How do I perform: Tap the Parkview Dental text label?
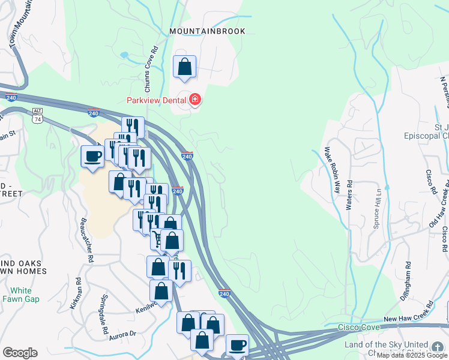(x=155, y=100)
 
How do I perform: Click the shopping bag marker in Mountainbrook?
(x=185, y=67)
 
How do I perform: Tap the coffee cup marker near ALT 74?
(x=93, y=157)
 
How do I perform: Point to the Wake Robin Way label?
(x=332, y=169)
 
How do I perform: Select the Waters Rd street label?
(x=349, y=194)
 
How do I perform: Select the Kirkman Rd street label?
(x=77, y=293)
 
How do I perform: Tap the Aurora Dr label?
(x=123, y=335)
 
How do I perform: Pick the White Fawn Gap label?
(x=21, y=295)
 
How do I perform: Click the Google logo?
(x=20, y=352)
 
